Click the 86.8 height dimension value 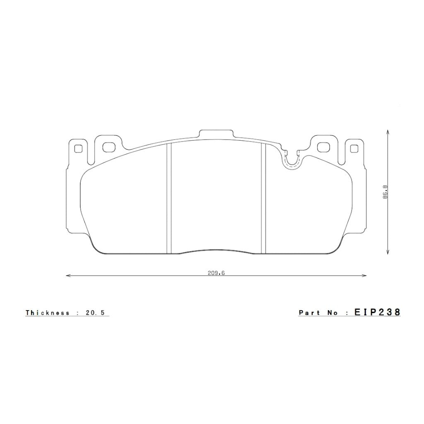385,192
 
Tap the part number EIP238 377,312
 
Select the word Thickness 48,313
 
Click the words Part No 318,313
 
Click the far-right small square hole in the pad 354,148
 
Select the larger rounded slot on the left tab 108,147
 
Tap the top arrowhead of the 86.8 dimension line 387,132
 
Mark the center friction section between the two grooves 216,195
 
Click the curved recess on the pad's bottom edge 216,251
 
